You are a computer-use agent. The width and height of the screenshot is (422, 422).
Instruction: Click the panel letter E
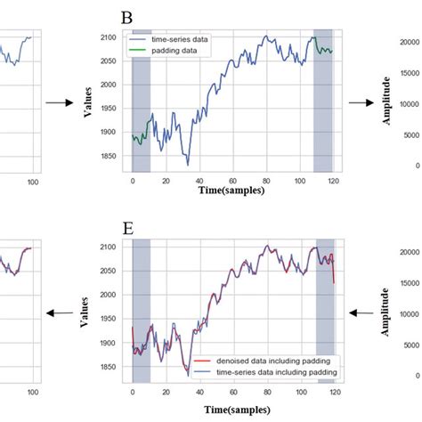tap(128, 228)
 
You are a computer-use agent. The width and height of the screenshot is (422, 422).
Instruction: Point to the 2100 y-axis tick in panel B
tap(117, 37)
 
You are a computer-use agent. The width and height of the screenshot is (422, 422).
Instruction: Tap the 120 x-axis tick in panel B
tap(332, 181)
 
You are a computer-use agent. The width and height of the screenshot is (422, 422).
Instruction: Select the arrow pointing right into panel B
tap(59, 103)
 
